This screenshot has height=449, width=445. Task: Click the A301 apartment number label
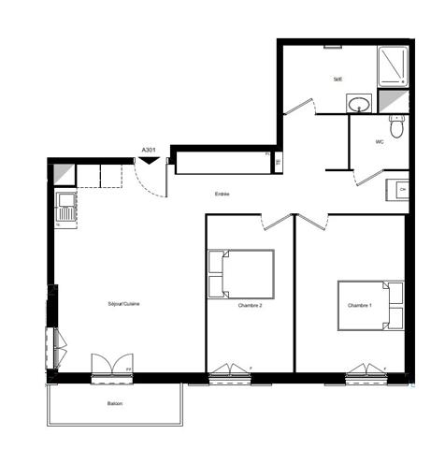148,150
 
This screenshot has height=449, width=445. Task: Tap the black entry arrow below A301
148,160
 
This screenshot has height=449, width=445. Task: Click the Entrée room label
222,195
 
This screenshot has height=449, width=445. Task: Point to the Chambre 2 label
250,305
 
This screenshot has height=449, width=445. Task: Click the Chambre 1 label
360,306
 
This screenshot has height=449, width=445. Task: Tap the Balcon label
115,403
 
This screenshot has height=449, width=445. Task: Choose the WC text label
380,142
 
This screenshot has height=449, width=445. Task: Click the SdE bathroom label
337,80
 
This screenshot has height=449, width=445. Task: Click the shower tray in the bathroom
393,65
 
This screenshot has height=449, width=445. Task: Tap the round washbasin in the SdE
357,104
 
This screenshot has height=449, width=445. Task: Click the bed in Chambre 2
241,274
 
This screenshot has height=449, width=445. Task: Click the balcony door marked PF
112,368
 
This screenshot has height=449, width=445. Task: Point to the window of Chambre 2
229,375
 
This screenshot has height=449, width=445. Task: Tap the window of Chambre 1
366,374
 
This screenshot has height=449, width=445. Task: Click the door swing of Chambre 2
276,223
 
